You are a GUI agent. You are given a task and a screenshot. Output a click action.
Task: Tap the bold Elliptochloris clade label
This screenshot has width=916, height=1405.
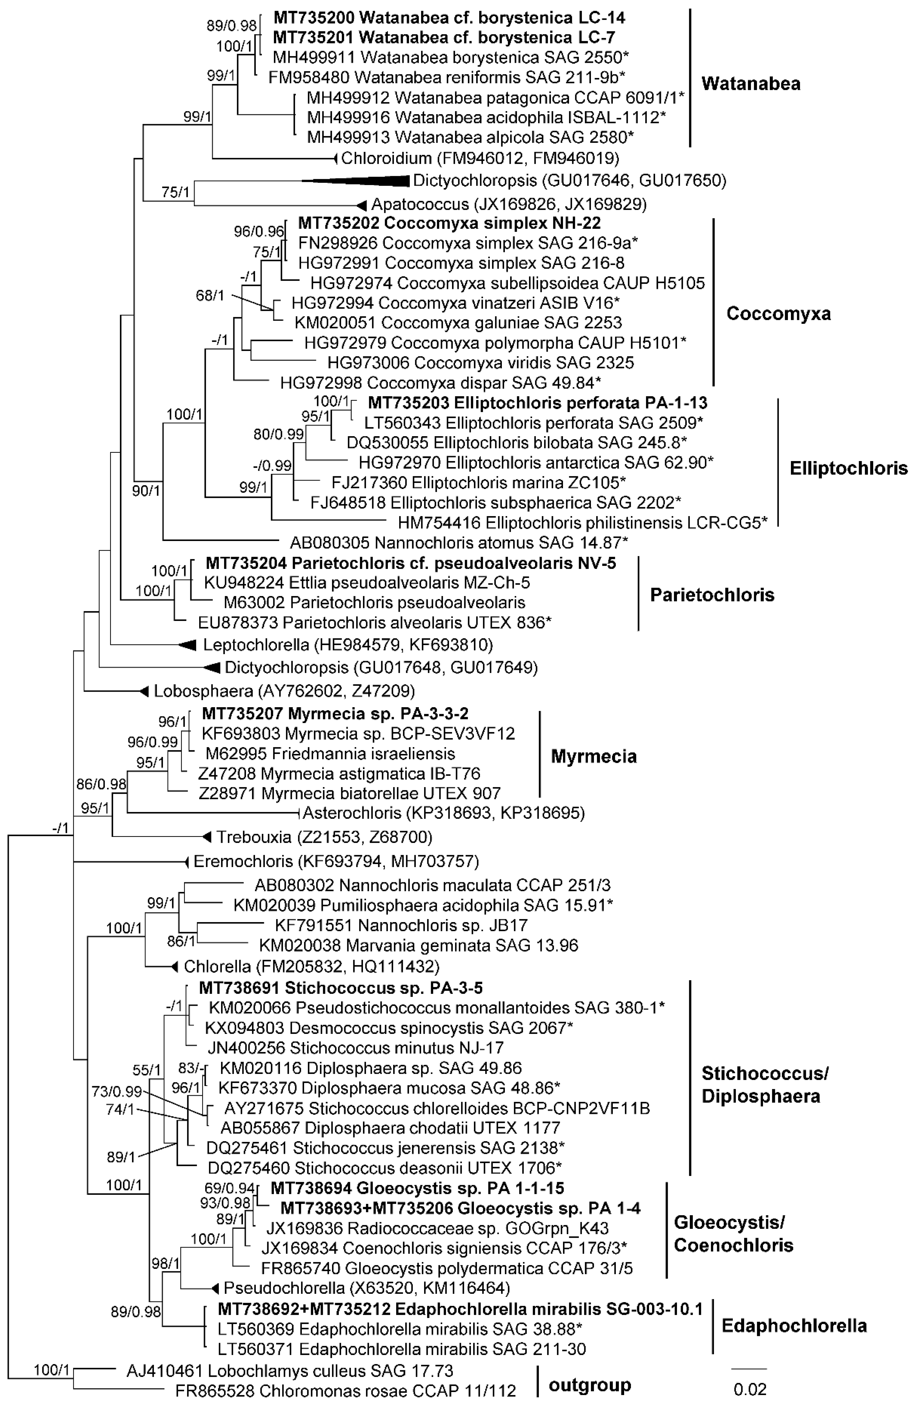[x=848, y=468]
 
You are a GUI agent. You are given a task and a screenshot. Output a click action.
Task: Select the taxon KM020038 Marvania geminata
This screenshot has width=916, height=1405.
[x=418, y=945]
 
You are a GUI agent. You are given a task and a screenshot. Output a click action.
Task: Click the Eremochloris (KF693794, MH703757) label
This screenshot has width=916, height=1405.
[x=336, y=861]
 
